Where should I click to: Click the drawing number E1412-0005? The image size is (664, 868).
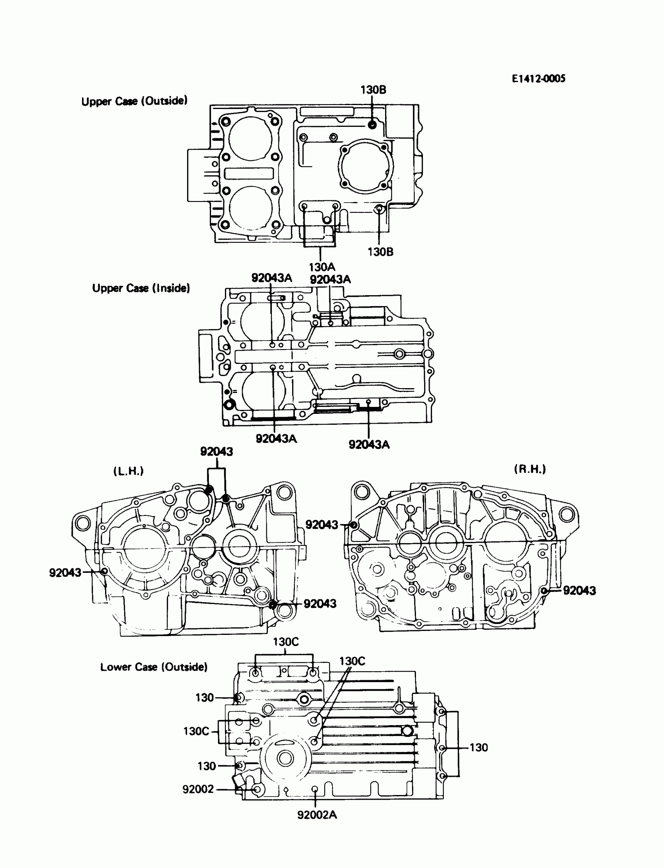coord(538,78)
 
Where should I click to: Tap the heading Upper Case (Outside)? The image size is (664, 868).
coord(134,101)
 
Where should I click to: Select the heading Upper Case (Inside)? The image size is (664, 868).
coord(141,288)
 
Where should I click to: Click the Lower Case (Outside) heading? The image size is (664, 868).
coord(154,667)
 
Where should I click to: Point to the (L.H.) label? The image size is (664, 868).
coord(129,471)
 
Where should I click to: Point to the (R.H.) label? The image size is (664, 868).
coord(530,469)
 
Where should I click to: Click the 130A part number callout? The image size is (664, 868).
coord(322,267)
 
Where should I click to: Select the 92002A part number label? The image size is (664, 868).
coord(317,815)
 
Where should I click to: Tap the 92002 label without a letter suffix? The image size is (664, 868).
coord(198,789)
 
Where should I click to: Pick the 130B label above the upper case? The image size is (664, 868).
coord(373,90)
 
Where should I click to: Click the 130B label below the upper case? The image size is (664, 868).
coord(380,252)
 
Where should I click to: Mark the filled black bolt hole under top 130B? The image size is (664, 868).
coord(372,125)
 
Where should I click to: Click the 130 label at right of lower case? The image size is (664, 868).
coord(478,747)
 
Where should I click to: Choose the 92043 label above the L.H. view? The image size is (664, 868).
coord(217,452)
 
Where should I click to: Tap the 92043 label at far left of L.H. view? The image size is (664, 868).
coord(65,572)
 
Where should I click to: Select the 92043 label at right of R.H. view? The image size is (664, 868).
coord(579,590)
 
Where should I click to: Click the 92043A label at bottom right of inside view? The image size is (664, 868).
coord(369,444)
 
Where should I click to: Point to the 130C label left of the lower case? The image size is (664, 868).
coord(196,731)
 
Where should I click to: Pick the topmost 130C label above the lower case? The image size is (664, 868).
coord(286,642)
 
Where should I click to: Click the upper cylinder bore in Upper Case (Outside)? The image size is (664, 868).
coord(250,139)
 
